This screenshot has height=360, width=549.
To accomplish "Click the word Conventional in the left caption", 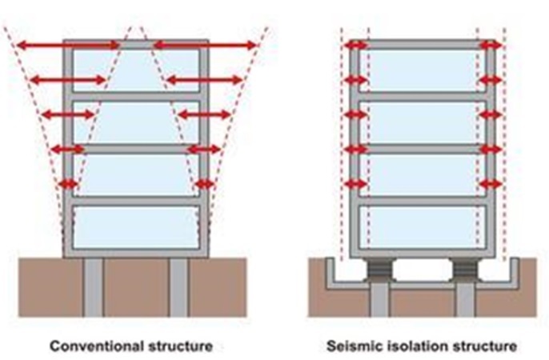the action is click(97, 346).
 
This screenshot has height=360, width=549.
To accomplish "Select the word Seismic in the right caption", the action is click(355, 346).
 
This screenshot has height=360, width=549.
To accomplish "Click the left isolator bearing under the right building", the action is click(379, 270).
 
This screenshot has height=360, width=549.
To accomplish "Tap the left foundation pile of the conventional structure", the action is click(94, 287).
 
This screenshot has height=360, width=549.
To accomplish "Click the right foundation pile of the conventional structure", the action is click(179, 287).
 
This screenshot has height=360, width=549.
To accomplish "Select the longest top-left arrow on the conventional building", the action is click(68, 45).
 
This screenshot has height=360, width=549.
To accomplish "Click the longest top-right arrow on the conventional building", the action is click(205, 45).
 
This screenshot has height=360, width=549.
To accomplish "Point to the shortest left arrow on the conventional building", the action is click(68, 184).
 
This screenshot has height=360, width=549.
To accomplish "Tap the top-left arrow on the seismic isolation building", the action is click(355, 45).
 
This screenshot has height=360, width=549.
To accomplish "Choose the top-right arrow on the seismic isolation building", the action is click(491, 45).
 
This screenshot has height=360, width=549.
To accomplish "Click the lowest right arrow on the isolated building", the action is click(491, 184).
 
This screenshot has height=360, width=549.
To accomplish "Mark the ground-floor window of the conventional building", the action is click(136, 227).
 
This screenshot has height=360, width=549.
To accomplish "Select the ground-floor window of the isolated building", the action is click(423, 227).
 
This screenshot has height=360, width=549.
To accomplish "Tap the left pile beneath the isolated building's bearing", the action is click(380, 300).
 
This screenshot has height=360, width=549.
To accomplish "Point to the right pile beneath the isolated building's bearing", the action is click(465, 300).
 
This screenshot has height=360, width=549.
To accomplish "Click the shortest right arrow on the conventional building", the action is click(205, 184).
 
